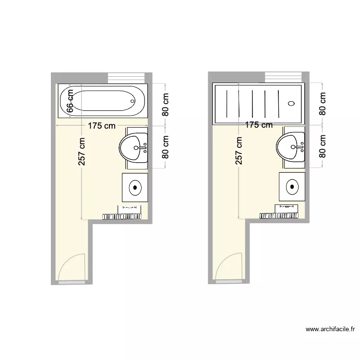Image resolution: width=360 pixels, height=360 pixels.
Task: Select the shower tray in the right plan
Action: (x=258, y=102)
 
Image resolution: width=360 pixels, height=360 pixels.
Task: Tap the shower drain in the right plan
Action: (x=291, y=102)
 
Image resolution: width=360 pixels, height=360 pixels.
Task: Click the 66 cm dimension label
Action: (x=70, y=101)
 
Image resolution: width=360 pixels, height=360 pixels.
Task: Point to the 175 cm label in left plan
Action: (x=101, y=126)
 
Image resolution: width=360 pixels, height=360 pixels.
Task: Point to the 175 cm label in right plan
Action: (x=259, y=125)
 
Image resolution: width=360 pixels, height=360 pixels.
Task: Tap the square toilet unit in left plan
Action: (x=135, y=188)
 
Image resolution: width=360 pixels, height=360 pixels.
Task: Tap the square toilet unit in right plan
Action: (x=292, y=187)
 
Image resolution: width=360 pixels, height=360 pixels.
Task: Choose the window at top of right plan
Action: (x=283, y=77)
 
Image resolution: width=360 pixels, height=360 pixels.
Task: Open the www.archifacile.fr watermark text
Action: (x=330, y=330)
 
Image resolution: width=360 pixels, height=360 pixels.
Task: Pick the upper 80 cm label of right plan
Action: (x=323, y=104)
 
